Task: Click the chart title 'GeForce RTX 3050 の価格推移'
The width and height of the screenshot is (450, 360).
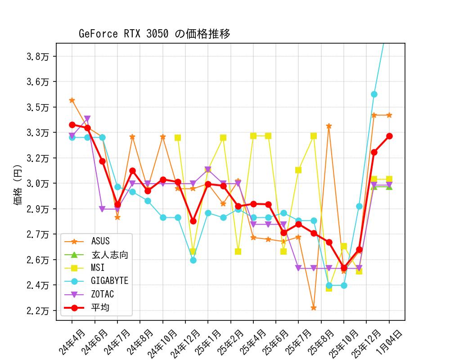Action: (x=154, y=34)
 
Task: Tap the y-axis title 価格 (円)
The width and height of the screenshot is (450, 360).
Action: (x=18, y=182)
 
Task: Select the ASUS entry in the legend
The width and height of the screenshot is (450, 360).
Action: (x=100, y=241)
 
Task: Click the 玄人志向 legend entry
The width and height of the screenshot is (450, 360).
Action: (x=110, y=255)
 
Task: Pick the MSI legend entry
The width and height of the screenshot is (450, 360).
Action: (x=98, y=268)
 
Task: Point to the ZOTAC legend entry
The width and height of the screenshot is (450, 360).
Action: (x=102, y=294)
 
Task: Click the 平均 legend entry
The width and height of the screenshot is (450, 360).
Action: (x=100, y=308)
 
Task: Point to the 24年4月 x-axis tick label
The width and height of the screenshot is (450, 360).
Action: (x=72, y=343)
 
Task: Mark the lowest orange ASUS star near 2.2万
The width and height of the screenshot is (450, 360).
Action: (x=314, y=308)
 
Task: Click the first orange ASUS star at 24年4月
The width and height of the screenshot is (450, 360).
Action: (x=72, y=100)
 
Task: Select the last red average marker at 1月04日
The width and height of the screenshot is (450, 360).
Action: (x=389, y=136)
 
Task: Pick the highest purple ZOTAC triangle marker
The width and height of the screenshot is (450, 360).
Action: (x=87, y=119)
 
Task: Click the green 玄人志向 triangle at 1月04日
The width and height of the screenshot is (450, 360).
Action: (x=389, y=186)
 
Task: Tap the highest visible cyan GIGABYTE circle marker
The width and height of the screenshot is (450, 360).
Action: (x=374, y=94)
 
